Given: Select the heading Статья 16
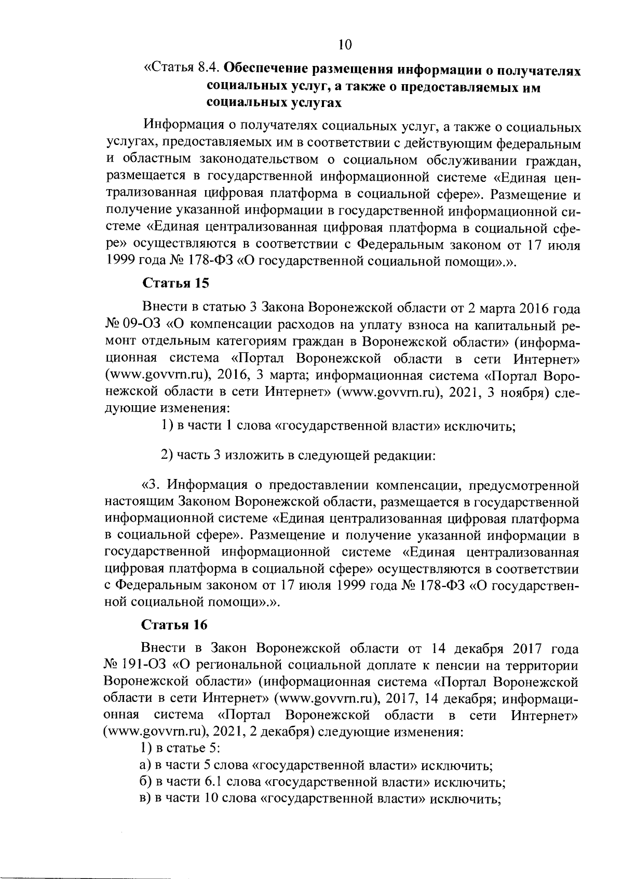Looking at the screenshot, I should coord(174,624).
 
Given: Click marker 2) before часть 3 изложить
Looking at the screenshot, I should coord(166,456).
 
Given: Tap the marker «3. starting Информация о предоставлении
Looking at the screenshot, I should coord(150,486).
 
